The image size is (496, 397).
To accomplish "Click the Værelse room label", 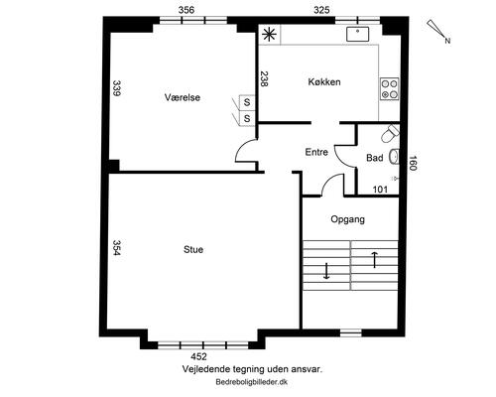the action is click(183, 97).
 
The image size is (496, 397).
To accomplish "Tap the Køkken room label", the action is click(324, 81).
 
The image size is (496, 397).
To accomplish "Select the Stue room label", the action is click(193, 249).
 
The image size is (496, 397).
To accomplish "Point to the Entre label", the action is click(316, 152).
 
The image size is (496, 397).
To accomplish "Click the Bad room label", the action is click(375, 158).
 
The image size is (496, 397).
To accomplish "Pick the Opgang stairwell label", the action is click(348, 219).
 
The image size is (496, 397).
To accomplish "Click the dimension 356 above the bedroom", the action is click(186, 10).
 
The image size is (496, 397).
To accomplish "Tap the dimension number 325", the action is click(321, 10).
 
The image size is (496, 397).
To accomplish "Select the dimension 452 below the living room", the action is click(198, 356).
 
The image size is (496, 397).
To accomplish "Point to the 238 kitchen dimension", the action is click(264, 78).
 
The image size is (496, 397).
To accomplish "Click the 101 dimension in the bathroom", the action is click(380, 190).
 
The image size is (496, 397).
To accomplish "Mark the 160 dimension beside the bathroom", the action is click(412, 163).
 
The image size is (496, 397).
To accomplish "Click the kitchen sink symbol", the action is click(357, 34).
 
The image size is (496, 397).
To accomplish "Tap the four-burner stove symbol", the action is click(389, 88).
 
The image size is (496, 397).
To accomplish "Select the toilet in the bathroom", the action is click(390, 133).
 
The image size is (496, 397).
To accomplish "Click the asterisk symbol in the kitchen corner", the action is click(270, 35).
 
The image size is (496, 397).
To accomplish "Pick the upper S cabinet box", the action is click(247, 102).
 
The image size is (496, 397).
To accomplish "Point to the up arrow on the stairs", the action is click(374, 260).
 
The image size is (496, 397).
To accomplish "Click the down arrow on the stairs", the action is click(326, 271).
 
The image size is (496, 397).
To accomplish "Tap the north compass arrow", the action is click(438, 31).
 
